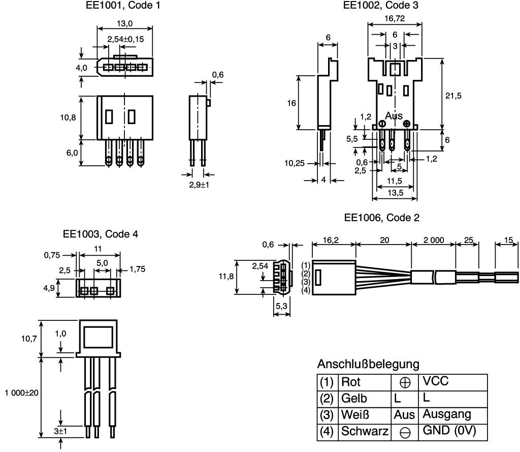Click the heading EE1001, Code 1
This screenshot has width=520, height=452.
pos(123,5)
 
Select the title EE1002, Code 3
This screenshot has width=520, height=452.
pos(381,5)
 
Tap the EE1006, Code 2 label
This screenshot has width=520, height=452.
pos(382,218)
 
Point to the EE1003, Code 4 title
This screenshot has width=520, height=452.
pos(101,234)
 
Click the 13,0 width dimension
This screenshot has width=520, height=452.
pos(125,23)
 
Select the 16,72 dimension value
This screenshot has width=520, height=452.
pos(395,19)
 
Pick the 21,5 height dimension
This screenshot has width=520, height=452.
pos(453,96)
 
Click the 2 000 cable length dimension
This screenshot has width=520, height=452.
pos(434,240)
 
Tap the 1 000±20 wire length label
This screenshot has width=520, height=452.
pos(21,393)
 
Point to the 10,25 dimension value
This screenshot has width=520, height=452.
pos(295,163)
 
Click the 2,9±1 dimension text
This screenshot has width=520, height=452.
pos(199,185)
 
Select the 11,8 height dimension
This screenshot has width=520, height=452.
pos(226,276)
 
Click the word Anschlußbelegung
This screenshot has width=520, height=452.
pos(368,364)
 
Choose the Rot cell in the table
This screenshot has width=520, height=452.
pos(350,382)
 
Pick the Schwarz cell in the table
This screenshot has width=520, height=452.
pos(365,431)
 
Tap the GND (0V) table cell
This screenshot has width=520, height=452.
pos(449,431)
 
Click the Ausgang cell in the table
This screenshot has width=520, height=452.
pos(447,414)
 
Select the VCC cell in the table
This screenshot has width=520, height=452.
pos(435,381)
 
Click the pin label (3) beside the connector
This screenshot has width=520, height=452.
pos(306,282)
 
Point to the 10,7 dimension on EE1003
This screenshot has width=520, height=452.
pos(29,339)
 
